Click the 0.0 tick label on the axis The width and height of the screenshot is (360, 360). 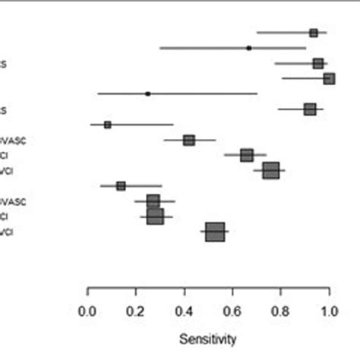88,311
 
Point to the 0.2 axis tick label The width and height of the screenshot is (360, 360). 136,311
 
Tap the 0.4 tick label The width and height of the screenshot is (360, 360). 185,311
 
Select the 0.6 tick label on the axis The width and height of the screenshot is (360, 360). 232,311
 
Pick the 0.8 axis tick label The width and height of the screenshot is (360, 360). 281,311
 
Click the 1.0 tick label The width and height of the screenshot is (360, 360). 329,311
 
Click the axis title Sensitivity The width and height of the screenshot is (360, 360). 208,337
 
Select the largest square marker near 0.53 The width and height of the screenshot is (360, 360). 216,232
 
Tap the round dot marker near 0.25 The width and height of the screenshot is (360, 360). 147,93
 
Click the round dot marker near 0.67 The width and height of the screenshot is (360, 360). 249,48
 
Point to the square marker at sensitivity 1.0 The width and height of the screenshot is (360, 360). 329,78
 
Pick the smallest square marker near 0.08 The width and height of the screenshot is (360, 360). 107,125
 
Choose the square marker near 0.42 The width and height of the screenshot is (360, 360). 189,140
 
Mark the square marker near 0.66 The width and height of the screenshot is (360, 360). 247,155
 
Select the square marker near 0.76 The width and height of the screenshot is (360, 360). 271,170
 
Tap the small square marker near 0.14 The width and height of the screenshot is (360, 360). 121,185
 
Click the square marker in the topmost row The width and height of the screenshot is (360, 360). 314,33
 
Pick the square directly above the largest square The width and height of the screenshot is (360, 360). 155,216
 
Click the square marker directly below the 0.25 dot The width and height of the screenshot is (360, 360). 310,109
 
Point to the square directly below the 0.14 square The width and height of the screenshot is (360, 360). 153,201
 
